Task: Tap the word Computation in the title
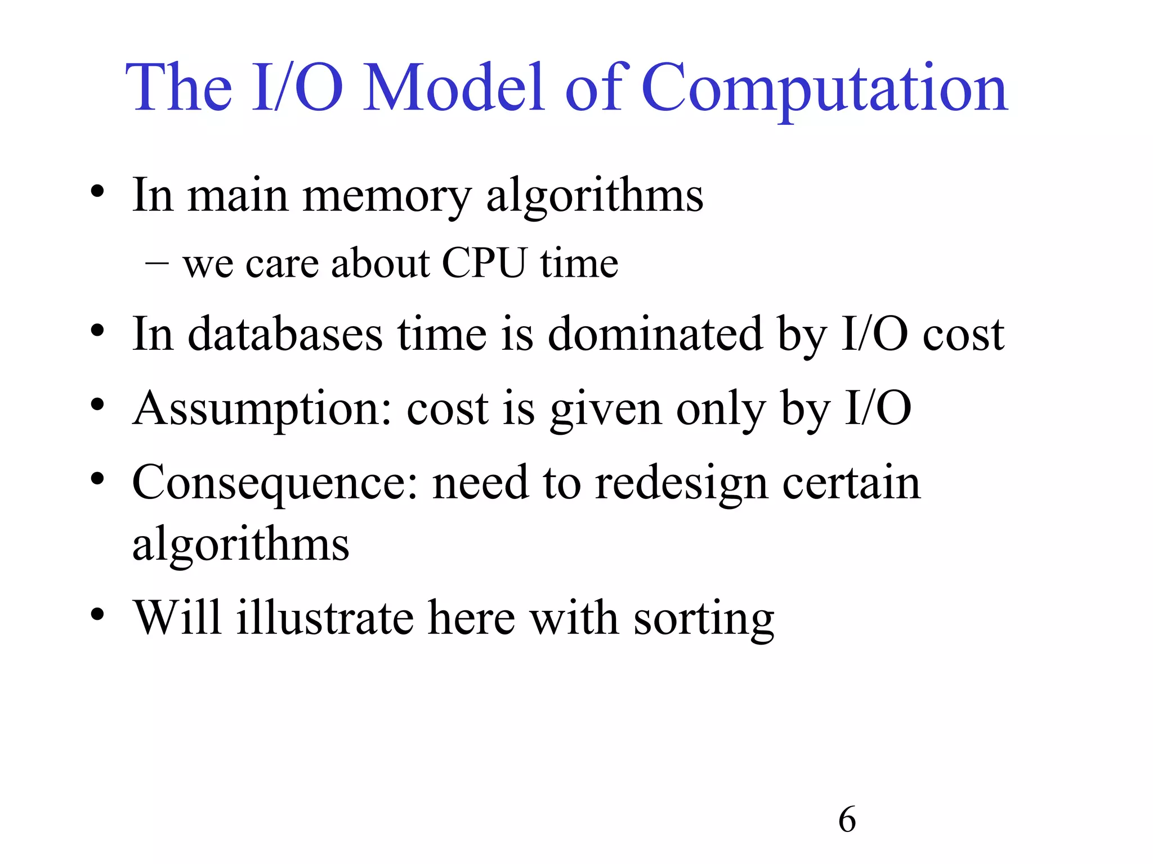824,90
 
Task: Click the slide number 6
847,820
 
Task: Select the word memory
387,197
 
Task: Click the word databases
285,334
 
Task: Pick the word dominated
655,334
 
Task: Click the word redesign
681,484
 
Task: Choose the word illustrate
325,618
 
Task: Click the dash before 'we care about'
157,263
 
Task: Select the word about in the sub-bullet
380,263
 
